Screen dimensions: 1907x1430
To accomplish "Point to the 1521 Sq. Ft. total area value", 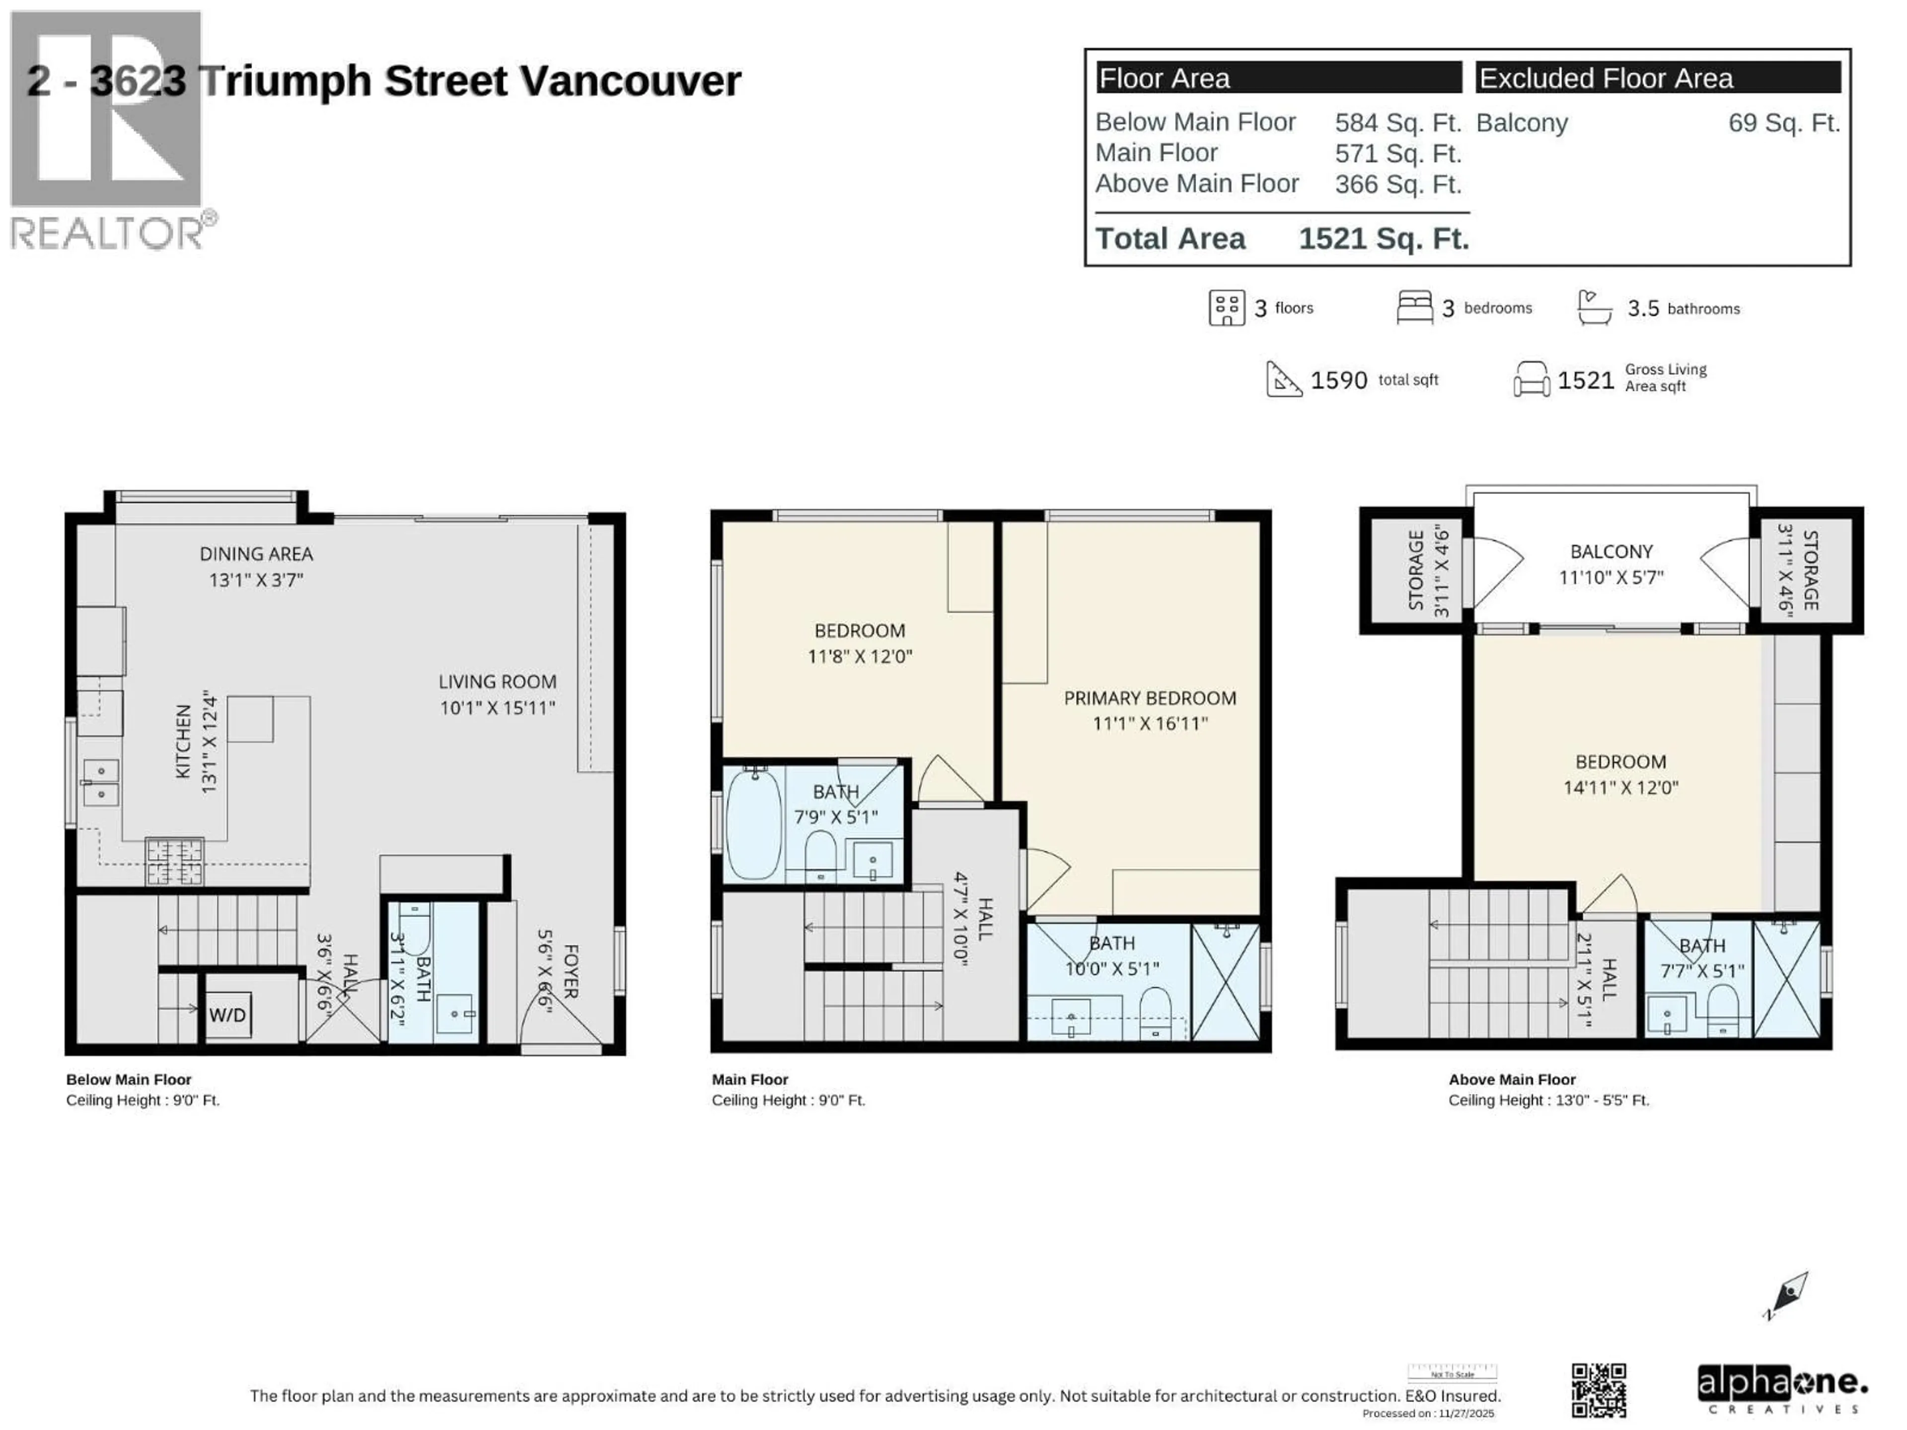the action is click(x=1384, y=239).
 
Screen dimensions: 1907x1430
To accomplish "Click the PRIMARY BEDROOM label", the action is click(x=1149, y=698).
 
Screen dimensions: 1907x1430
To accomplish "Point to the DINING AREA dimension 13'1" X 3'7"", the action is click(x=256, y=580).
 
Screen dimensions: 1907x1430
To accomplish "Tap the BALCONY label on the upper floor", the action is click(x=1611, y=552).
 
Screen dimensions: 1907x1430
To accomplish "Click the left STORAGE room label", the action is click(x=1415, y=571).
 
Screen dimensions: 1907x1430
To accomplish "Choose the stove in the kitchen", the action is click(x=175, y=861).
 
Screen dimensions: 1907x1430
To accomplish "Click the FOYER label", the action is click(x=570, y=971).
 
